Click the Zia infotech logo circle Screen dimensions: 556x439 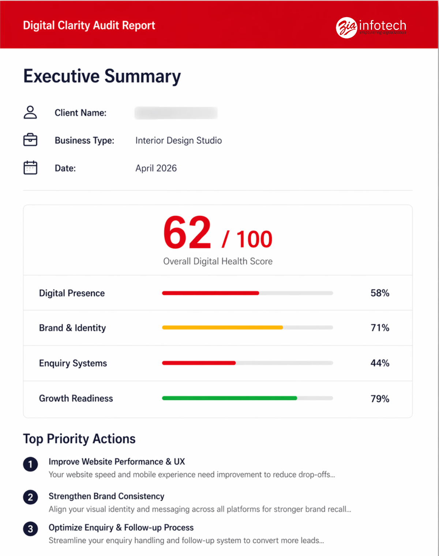tap(346, 27)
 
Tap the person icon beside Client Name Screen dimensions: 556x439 tap(30, 112)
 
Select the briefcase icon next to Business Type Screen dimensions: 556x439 tap(30, 140)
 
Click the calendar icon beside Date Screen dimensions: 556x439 tap(30, 168)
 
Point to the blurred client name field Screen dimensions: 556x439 tap(176, 113)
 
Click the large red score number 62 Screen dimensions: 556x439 tap(187, 233)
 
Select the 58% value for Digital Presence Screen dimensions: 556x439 tap(380, 293)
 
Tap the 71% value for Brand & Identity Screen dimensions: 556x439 tap(380, 328)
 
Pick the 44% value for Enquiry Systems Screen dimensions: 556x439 tap(380, 363)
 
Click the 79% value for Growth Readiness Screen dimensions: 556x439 tap(380, 399)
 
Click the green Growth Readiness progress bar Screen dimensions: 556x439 tap(229, 398)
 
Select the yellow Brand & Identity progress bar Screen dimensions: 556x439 tap(222, 327)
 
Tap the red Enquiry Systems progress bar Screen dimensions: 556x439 tap(199, 363)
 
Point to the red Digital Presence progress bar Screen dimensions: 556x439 tap(210, 293)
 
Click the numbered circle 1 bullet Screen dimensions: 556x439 tap(30, 464)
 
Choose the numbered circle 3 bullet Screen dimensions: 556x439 tap(30, 529)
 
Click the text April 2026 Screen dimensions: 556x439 tap(156, 168)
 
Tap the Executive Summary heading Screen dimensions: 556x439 tap(102, 76)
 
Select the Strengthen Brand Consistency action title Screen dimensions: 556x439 tap(106, 496)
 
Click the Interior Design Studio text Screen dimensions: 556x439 tap(179, 140)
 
